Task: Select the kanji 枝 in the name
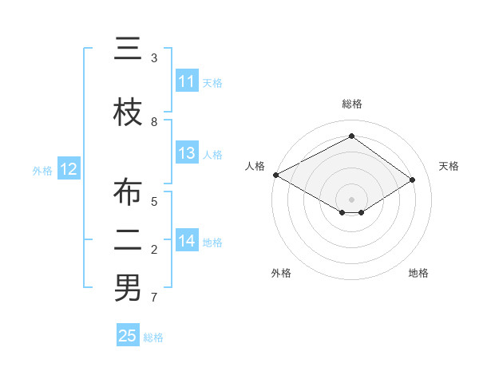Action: tap(128, 112)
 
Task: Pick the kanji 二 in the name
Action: tap(128, 239)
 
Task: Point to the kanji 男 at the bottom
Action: tap(128, 288)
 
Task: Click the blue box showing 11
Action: tap(187, 81)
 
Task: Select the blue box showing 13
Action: tap(187, 153)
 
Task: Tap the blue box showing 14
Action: tap(187, 240)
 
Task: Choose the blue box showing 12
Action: tap(68, 169)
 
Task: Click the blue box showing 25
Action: tap(128, 336)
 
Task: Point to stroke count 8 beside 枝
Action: tap(154, 121)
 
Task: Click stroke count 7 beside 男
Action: tap(154, 298)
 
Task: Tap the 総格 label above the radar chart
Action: tap(352, 104)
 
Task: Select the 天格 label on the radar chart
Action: tap(449, 166)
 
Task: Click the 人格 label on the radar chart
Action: tap(255, 166)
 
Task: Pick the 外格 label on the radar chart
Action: tap(281, 273)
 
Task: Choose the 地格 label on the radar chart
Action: tap(418, 273)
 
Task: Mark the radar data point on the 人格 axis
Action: tap(275, 174)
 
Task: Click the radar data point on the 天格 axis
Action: tap(413, 180)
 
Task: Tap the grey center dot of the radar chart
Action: tap(351, 199)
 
